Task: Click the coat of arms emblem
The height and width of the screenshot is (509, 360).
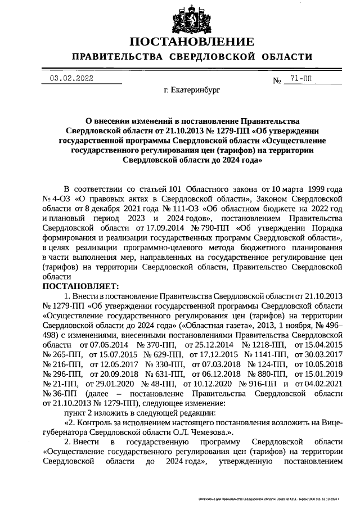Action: click(192, 16)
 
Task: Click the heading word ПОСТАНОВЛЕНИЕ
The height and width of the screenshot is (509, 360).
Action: click(192, 42)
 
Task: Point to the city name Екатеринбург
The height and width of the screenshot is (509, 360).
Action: click(192, 90)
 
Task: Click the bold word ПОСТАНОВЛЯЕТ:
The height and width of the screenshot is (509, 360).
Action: click(77, 286)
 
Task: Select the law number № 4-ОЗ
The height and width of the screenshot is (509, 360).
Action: click(55, 199)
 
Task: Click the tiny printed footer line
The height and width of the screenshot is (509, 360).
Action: click(270, 499)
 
